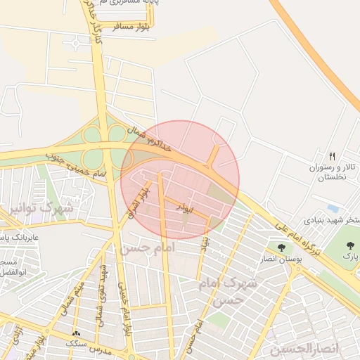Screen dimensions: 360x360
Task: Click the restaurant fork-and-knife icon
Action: click(332, 155)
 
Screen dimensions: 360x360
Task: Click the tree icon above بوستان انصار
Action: click(282, 247)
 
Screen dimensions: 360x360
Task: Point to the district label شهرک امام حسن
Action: click(236, 290)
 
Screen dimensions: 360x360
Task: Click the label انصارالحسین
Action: click(304, 349)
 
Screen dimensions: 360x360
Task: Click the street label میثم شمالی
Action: click(79, 288)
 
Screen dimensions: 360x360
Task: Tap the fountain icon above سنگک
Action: click(76, 333)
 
